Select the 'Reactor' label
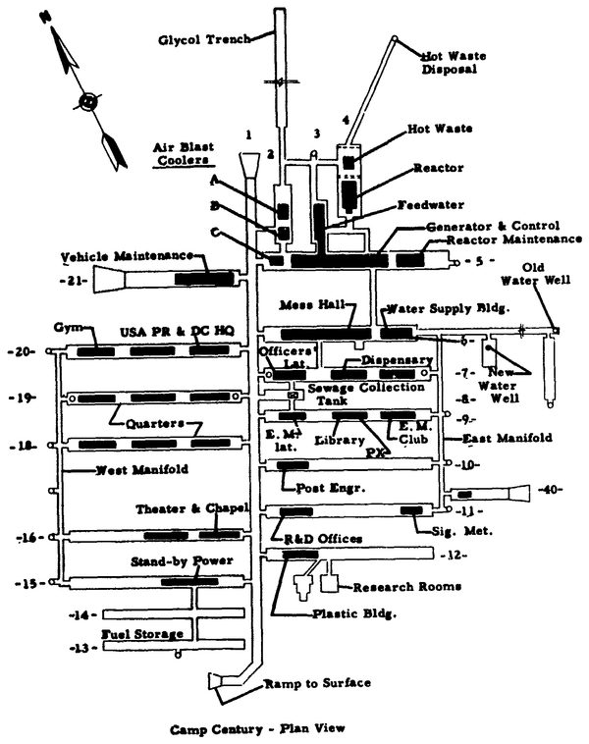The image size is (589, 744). pos(437,168)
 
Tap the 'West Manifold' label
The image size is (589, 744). pos(142,470)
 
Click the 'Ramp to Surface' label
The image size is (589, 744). pos(308,684)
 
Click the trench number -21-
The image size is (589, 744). pos(74,281)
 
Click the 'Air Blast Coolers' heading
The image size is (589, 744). pos(182,151)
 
